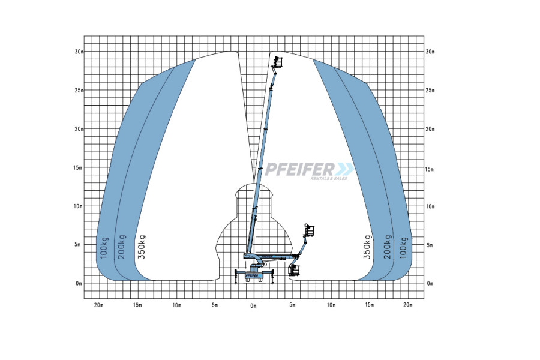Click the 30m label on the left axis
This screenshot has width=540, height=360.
click(79, 52)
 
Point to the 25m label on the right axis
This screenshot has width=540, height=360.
click(430, 91)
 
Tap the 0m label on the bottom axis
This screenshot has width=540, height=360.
click(253, 305)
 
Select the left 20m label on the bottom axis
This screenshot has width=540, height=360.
click(99, 305)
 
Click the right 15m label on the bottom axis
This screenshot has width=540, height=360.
click(370, 305)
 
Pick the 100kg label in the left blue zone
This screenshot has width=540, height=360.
click(104, 248)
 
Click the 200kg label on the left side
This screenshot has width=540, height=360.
click(122, 247)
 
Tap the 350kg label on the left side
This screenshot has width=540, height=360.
click(142, 247)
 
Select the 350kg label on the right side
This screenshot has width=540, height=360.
click(367, 247)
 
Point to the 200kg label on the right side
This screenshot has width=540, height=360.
click(388, 247)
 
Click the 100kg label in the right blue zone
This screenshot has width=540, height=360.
click(403, 248)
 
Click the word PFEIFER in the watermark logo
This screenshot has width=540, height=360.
click(299, 169)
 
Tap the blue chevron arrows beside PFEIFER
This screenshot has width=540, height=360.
click(346, 169)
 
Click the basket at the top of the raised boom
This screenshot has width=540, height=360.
click(278, 62)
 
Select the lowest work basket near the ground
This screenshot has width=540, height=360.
click(294, 270)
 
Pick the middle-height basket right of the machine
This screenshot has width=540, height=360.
click(309, 230)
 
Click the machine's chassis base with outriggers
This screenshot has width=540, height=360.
click(253, 275)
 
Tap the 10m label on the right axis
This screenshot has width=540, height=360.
click(430, 206)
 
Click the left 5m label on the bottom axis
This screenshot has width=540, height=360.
click(215, 305)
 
